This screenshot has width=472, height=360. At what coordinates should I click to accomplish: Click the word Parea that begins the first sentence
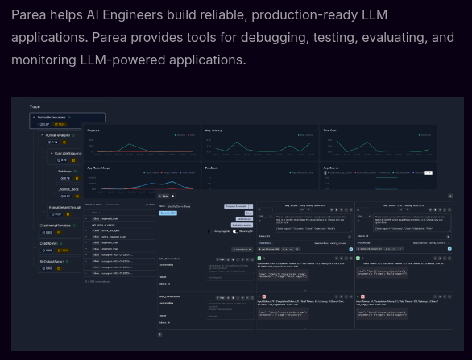(x=31, y=15)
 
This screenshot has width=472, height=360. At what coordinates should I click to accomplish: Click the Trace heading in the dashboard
(x=35, y=106)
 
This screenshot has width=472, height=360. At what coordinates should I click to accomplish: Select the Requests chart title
(x=93, y=130)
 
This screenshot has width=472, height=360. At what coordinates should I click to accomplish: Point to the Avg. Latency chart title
(x=214, y=130)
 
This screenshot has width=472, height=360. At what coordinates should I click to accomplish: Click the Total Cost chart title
(x=330, y=130)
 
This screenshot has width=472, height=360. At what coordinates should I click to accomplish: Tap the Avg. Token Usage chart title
(x=100, y=168)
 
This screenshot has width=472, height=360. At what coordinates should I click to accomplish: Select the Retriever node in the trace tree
(x=64, y=171)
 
